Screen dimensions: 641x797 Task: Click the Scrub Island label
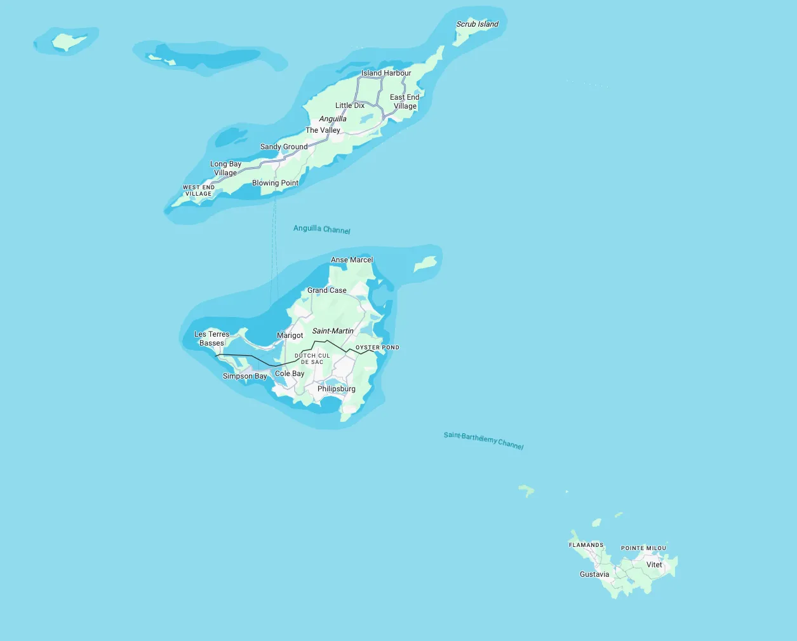click(478, 24)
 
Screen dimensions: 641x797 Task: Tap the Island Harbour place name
click(386, 73)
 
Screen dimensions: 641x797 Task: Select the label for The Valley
click(323, 130)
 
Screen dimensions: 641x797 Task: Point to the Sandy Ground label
click(284, 147)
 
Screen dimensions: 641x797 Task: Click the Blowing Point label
click(275, 183)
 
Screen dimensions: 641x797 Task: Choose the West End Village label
click(199, 191)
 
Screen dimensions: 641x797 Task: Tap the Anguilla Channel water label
click(321, 229)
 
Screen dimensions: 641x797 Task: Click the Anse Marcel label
click(352, 260)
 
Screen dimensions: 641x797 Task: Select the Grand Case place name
click(327, 290)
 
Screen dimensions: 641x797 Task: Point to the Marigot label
click(290, 335)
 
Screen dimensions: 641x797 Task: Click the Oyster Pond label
click(377, 347)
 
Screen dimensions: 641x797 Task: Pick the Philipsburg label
click(337, 389)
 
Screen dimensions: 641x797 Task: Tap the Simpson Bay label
click(244, 376)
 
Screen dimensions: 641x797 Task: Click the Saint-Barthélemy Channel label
click(483, 440)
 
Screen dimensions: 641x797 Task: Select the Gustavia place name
click(594, 574)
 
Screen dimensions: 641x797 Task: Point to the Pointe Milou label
click(643, 548)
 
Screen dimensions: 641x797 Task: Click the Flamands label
click(586, 545)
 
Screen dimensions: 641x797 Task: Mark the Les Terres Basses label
click(211, 339)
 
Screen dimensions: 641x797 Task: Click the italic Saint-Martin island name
click(333, 331)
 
